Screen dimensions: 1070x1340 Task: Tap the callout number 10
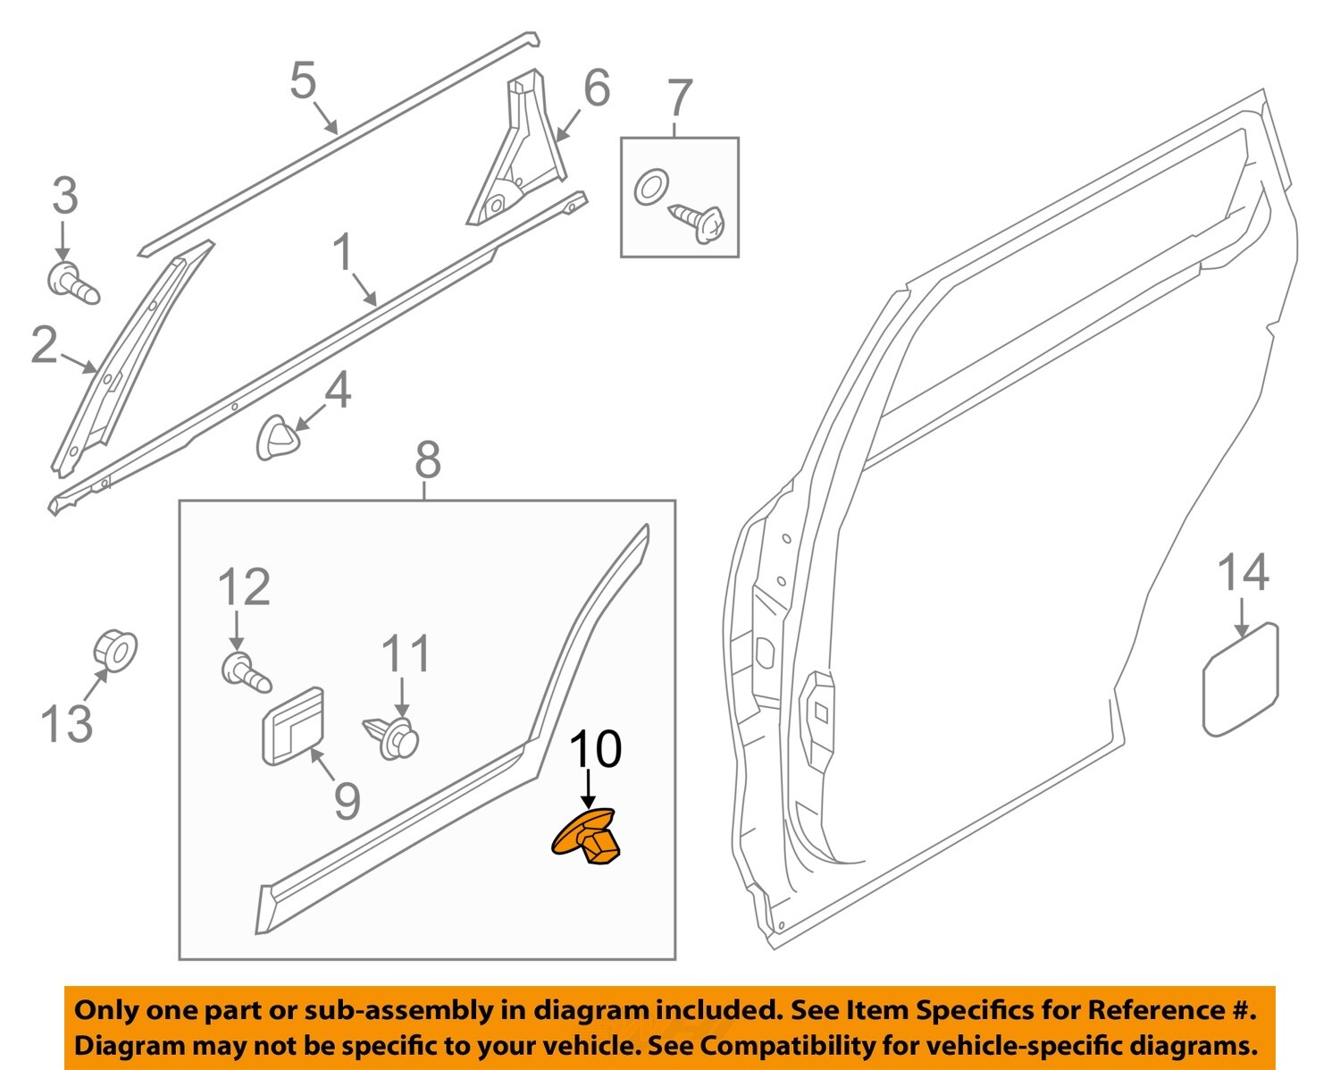coord(596,749)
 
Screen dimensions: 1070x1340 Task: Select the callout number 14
coord(1244,573)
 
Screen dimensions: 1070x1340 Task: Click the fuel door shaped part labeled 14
coord(1240,680)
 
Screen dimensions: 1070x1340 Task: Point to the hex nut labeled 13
coord(116,650)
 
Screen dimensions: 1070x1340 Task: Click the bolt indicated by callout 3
coord(71,282)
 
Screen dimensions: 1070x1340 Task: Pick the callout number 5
coord(304,80)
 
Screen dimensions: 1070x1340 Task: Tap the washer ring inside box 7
coord(650,188)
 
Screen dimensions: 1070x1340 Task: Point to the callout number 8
coord(428,460)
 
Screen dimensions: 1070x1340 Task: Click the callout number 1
coord(344,253)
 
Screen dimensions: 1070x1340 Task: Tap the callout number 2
coord(44,345)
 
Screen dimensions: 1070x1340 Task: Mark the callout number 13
coord(67,723)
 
